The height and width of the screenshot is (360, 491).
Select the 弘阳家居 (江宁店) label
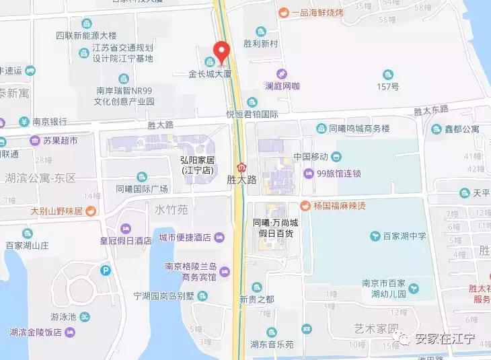tap(197, 165)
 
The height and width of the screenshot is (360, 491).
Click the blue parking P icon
tap(105, 271)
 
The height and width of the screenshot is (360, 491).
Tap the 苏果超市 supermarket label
tap(60, 141)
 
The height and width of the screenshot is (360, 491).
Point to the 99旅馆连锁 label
tap(338, 174)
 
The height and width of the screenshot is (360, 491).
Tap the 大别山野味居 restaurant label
tap(56, 211)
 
